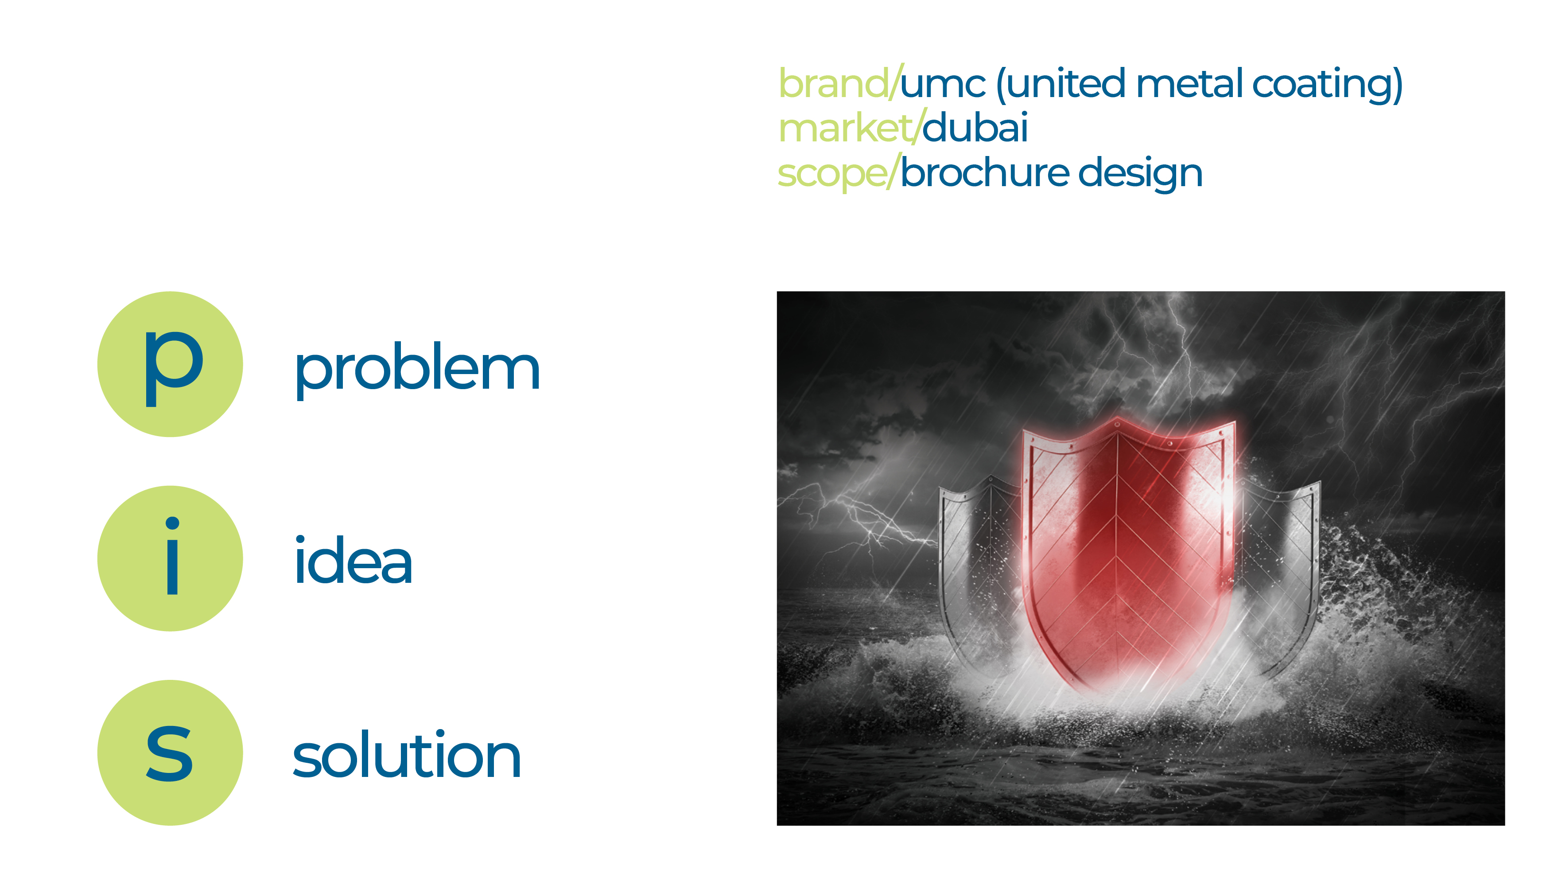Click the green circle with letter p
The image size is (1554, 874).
click(170, 365)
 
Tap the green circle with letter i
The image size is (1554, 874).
click(170, 558)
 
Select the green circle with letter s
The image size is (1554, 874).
click(170, 753)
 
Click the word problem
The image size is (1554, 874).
click(417, 369)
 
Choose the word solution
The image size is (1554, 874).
click(407, 756)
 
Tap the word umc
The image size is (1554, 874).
click(943, 85)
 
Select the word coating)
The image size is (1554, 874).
click(1327, 85)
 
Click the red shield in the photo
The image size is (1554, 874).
click(1122, 555)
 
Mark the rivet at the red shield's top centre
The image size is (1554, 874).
click(1117, 424)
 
